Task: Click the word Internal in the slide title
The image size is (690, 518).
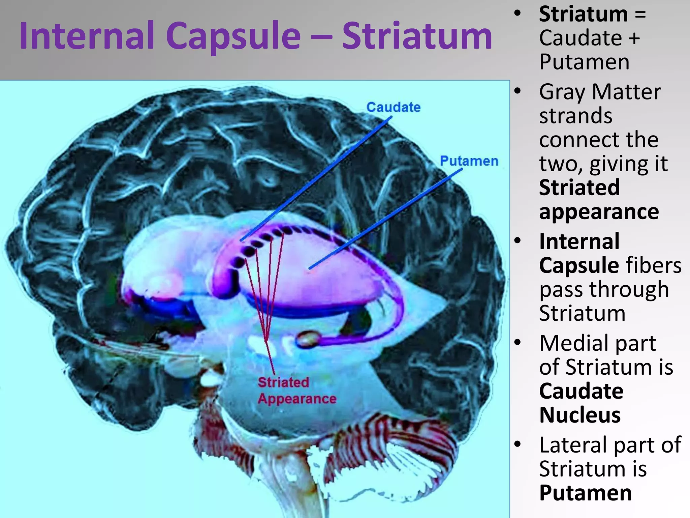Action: coord(87,36)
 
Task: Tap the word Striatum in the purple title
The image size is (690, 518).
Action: coord(417,36)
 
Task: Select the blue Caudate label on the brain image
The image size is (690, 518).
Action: coord(394,107)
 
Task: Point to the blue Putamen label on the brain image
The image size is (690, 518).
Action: coord(469,161)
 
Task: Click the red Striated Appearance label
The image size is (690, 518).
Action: coord(296,391)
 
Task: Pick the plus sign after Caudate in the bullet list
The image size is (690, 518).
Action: coord(634,38)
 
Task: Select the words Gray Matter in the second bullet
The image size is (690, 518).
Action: coord(600,92)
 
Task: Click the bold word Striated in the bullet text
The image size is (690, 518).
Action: coord(579,188)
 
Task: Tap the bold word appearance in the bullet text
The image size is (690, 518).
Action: coord(599,212)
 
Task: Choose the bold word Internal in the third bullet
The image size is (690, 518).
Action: coord(579,241)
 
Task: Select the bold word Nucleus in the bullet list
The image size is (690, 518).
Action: coord(580,415)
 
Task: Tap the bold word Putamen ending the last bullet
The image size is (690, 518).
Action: coord(585,493)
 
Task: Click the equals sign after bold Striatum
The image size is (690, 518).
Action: coord(640,15)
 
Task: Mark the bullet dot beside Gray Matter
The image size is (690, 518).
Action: coord(517,91)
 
